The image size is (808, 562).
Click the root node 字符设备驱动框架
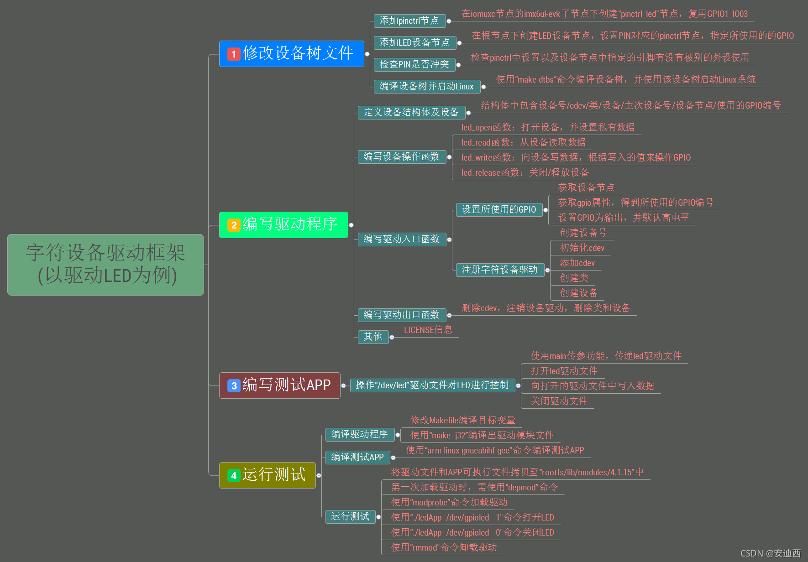(x=105, y=265)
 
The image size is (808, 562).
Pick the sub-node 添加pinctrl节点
(x=409, y=21)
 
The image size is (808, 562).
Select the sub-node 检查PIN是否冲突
(x=414, y=64)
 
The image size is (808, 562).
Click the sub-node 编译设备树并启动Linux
(x=426, y=86)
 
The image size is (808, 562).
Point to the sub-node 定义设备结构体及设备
(x=411, y=112)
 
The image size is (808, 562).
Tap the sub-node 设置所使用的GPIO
(x=499, y=209)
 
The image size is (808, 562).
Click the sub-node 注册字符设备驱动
(x=499, y=270)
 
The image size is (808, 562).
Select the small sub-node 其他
(x=373, y=337)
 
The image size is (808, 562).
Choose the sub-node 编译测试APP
(x=357, y=457)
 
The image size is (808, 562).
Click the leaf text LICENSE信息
(x=428, y=330)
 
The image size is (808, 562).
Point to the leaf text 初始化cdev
(x=582, y=248)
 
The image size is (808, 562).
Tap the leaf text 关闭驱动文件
(x=559, y=401)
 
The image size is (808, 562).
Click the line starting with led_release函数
(x=525, y=172)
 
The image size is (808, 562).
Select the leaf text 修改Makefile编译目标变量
(x=462, y=420)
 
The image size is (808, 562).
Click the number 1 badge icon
(x=234, y=54)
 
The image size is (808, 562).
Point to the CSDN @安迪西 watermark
(x=770, y=553)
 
